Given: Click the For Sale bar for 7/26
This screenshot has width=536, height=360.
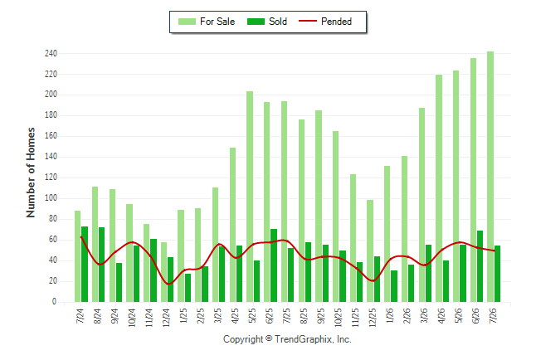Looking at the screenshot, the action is tap(490, 177).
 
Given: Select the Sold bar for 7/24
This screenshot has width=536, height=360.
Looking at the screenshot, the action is tap(85, 265).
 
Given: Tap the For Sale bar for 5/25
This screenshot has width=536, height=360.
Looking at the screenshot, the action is tap(250, 197).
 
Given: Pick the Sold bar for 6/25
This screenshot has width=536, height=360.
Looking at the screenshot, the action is tap(274, 265).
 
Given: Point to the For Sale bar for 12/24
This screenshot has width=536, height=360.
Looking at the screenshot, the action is tap(163, 272).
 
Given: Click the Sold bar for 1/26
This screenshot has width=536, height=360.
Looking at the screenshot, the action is tap(394, 286).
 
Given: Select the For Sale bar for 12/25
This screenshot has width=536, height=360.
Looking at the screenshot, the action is tap(370, 251).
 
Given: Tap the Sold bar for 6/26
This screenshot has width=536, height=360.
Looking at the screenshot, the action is tap(480, 266).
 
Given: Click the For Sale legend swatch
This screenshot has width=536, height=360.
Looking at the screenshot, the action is tap(187, 22).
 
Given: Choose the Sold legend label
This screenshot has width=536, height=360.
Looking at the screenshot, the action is tap(278, 22).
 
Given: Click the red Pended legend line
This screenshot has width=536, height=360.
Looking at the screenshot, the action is tap(308, 21).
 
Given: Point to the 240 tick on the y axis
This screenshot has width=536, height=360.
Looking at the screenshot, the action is tap(51, 53).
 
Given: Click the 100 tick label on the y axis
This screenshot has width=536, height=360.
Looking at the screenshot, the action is tap(51, 198).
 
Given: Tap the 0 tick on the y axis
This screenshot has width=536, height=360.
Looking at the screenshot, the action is tap(55, 302).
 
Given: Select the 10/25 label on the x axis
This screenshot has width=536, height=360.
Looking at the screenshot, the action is tap(338, 317).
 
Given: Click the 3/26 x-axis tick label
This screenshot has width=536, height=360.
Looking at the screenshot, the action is tap(424, 315).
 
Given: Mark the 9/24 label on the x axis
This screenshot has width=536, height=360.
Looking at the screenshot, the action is tap(115, 315).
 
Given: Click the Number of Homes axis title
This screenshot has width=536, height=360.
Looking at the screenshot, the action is tap(31, 173).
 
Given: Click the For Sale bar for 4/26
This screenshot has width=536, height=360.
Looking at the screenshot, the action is tap(439, 188).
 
